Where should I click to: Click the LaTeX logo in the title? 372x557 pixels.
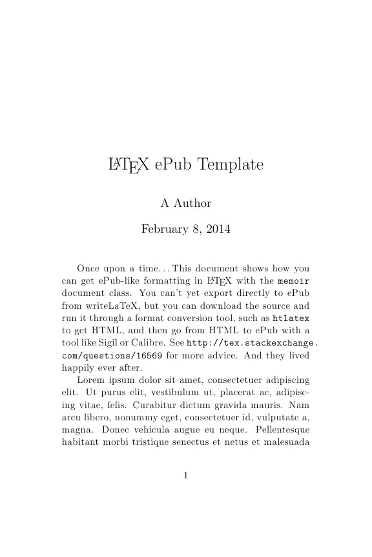(x=129, y=166)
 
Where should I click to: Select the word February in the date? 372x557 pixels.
(x=163, y=228)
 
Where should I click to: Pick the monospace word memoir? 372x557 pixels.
(x=294, y=281)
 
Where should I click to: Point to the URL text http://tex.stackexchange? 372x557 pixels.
(x=253, y=342)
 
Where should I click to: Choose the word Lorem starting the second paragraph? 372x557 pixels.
(x=90, y=380)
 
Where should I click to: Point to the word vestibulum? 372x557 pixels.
(x=161, y=393)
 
